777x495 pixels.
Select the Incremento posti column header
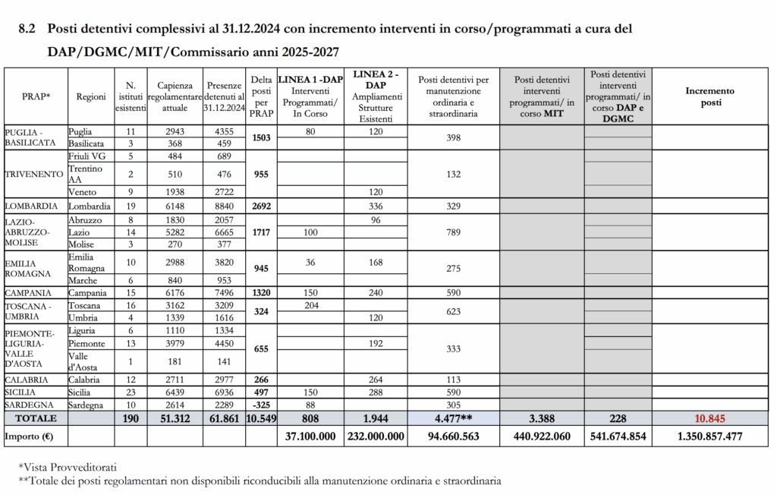(710, 96)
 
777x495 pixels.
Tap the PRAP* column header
(36, 96)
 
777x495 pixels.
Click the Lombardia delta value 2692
(261, 206)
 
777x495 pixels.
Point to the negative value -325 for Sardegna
(261, 405)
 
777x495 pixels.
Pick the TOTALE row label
(36, 418)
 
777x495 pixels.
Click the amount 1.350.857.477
(710, 437)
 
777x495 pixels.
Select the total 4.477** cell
(454, 418)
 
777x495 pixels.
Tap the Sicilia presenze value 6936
(225, 392)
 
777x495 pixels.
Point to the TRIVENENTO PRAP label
(34, 174)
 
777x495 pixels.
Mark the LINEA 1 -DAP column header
(310, 79)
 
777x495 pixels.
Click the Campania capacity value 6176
(175, 292)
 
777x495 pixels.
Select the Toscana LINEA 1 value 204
(310, 304)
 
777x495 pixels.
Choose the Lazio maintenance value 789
(454, 232)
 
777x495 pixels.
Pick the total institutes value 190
(131, 418)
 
